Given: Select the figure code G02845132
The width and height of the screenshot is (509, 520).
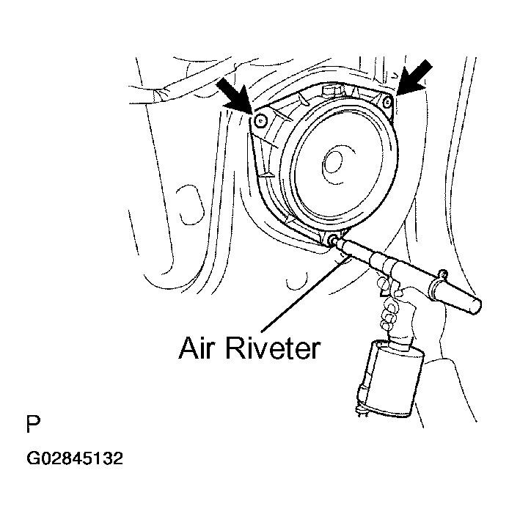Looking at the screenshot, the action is (75, 458).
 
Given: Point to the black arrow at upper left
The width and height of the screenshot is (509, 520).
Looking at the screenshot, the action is (235, 97).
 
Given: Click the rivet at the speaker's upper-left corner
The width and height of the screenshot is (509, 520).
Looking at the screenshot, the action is (260, 121).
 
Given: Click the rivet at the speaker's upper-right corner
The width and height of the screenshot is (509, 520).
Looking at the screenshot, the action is (387, 102).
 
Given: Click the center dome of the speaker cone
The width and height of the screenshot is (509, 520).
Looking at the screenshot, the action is (332, 163).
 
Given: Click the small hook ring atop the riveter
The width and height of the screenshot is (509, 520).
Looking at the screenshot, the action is (443, 274).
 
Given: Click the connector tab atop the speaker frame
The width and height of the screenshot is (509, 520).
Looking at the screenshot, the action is (332, 90).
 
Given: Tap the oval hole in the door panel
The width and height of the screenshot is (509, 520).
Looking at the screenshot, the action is (190, 205).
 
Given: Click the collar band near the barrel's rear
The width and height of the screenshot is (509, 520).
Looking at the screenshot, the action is (437, 288).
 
